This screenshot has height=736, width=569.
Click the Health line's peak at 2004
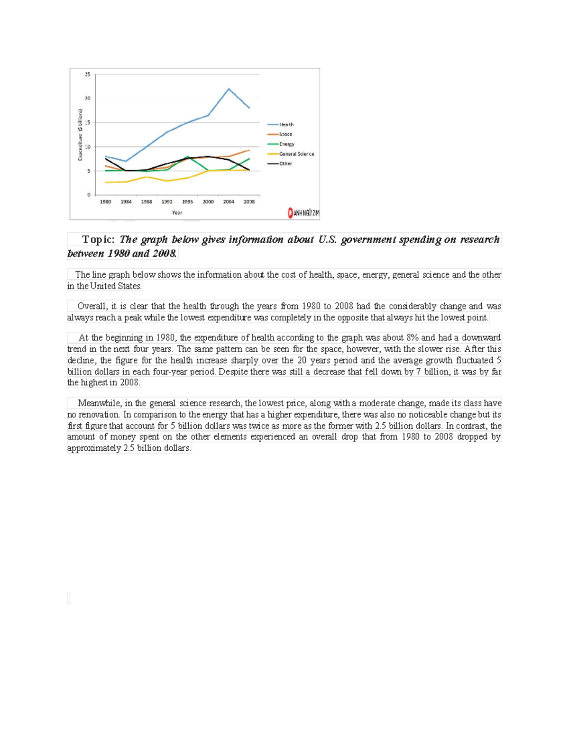click(229, 89)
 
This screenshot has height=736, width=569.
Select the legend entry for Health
click(286, 125)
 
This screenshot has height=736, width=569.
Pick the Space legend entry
click(285, 134)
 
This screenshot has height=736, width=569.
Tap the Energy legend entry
click(286, 144)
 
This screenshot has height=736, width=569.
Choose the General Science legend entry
click(296, 154)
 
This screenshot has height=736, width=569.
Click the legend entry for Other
click(285, 164)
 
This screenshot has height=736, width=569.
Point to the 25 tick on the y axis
click(88, 74)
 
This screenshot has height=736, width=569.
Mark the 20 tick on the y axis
click(88, 99)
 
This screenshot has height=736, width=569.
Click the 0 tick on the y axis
click(89, 195)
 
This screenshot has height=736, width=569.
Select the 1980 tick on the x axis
click(105, 202)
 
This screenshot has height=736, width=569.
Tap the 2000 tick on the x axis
click(208, 202)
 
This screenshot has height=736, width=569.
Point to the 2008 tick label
click(249, 202)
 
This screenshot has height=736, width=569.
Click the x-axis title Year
click(177, 213)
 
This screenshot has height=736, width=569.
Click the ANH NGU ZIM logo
click(303, 213)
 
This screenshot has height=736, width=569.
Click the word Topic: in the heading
click(98, 239)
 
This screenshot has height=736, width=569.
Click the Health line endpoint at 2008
click(249, 108)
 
